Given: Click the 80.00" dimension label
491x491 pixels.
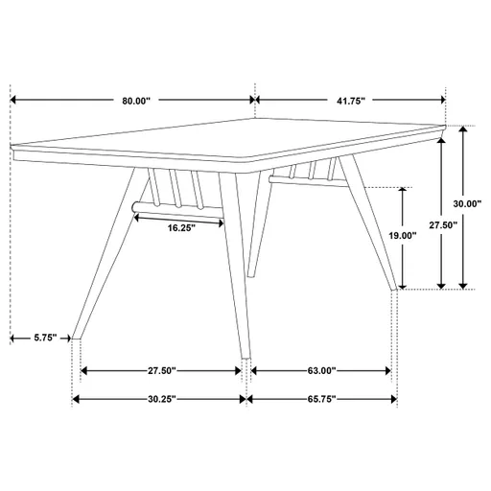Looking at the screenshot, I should [135, 99].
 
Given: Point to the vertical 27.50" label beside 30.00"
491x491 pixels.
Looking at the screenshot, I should [442, 224].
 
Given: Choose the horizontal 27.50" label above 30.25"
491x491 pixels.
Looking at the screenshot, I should [160, 370].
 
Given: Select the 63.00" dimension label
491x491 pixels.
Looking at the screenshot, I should [320, 370].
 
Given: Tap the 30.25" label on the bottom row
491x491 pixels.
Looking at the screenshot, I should [160, 399].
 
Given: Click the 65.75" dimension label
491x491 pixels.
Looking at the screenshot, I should [320, 399].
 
